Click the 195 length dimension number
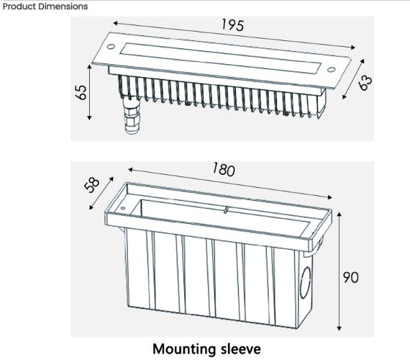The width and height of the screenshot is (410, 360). pyautogui.click(x=232, y=25)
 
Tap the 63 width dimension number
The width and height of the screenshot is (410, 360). pyautogui.click(x=365, y=83)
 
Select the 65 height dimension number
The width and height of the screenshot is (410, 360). pyautogui.click(x=81, y=92)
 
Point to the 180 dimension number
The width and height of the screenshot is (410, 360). pyautogui.click(x=224, y=169)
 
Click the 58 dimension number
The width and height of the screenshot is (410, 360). pyautogui.click(x=92, y=185)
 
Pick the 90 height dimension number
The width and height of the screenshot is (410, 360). pyautogui.click(x=350, y=277)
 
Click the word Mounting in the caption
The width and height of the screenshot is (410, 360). pyautogui.click(x=185, y=349)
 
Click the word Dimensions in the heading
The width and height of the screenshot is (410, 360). pyautogui.click(x=66, y=6)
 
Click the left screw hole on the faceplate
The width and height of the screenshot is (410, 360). pyautogui.click(x=111, y=47)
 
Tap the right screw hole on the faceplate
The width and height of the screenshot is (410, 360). pyautogui.click(x=331, y=70)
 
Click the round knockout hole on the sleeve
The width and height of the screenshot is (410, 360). pyautogui.click(x=305, y=283)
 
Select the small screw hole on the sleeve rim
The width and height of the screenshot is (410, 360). pyautogui.click(x=122, y=208)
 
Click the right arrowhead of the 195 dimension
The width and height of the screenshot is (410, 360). pyautogui.click(x=353, y=48)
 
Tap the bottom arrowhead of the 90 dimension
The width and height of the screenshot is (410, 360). pyautogui.click(x=339, y=328)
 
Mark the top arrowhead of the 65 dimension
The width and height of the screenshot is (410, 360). pyautogui.click(x=89, y=67)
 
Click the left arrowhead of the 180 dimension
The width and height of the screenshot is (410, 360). pyautogui.click(x=131, y=170)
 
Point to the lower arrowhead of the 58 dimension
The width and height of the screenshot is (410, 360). pyautogui.click(x=91, y=207)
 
